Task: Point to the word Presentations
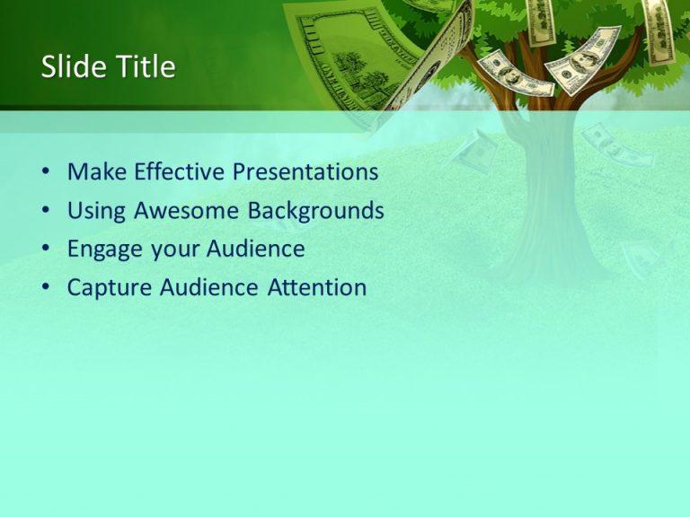305,171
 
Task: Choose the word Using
97,211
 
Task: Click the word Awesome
188,211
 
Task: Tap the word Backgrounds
316,211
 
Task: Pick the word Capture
110,287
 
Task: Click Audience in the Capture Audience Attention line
211,287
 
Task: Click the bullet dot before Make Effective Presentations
46,172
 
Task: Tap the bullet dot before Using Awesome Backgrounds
46,212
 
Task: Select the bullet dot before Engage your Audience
46,250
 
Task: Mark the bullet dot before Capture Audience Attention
46,288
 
